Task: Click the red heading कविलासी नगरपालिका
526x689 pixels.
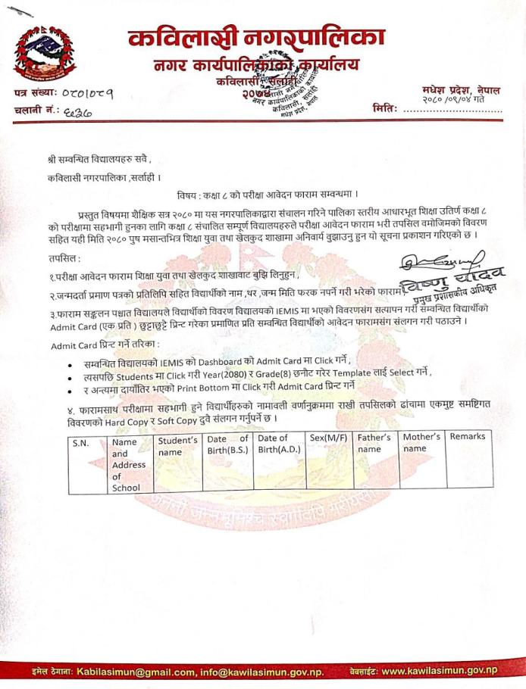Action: [x=256, y=36]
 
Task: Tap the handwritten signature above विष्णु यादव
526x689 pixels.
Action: [x=424, y=263]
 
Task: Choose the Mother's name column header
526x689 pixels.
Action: [x=421, y=443]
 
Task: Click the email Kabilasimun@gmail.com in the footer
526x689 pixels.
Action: [x=136, y=672]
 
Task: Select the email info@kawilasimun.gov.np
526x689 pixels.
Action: [x=260, y=672]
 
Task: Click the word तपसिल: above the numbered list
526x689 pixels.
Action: [x=61, y=258]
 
